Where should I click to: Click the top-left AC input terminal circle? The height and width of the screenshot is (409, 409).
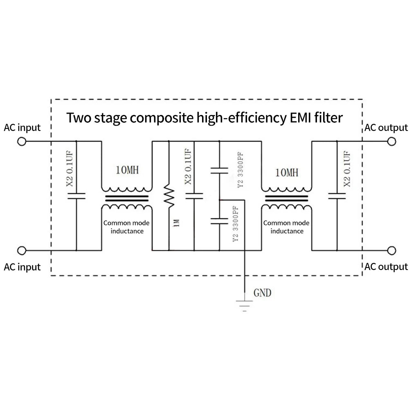22,142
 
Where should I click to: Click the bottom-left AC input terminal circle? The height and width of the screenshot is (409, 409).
22,251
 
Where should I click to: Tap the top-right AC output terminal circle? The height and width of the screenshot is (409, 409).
391,142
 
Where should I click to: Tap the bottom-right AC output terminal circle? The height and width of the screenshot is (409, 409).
391,251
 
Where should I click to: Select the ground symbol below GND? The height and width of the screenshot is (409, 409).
245,306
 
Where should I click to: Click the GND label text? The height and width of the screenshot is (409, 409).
263,293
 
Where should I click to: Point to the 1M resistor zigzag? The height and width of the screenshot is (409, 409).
169,196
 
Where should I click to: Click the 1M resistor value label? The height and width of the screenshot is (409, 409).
177,223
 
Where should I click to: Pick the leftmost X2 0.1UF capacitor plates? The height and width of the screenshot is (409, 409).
76,196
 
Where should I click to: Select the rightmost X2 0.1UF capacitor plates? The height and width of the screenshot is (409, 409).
337,196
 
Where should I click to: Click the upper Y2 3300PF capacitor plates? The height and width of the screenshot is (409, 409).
219,171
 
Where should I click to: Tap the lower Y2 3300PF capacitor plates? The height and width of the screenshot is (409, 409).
219,221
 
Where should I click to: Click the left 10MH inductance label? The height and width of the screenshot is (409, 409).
127,170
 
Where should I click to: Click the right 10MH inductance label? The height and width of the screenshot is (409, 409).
287,173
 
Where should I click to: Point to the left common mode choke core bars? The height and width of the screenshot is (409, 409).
127,198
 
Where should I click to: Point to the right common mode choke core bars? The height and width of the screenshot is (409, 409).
286,198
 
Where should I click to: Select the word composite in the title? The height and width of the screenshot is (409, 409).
162,118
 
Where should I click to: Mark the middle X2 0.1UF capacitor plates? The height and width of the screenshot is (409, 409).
194,196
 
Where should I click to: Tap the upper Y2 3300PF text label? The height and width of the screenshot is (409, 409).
240,170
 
